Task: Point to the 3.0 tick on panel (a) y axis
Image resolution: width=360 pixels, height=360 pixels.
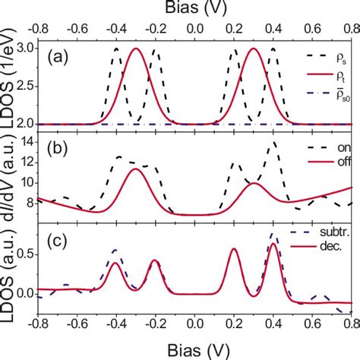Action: point(25,49)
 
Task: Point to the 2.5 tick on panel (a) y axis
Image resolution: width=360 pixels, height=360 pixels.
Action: point(25,86)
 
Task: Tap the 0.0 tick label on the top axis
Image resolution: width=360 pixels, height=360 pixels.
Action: point(194,28)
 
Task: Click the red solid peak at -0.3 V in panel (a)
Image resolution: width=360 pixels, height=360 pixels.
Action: point(136,49)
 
